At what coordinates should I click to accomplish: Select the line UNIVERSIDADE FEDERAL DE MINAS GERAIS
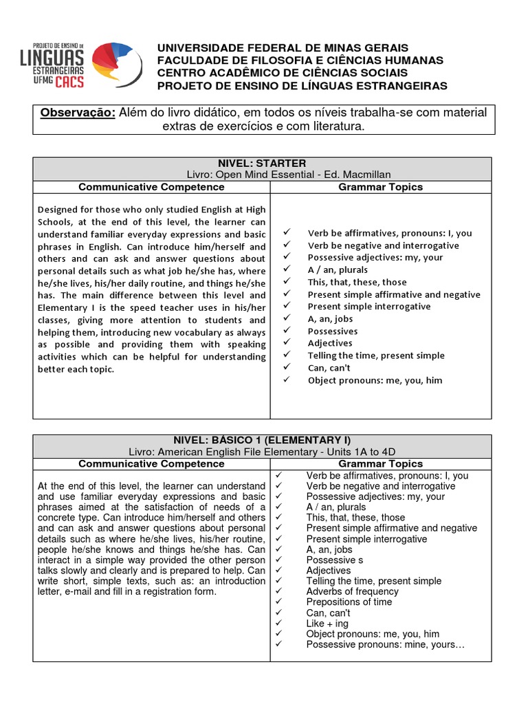283,47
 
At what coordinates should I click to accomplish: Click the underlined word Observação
78,113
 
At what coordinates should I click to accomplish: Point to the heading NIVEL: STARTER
262,163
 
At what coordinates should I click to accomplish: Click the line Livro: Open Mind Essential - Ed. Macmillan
262,175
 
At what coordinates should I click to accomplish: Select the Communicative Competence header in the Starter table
151,187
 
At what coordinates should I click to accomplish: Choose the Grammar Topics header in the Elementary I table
380,464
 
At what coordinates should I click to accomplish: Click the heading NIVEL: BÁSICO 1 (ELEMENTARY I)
262,440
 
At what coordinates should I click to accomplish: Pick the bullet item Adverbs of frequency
352,591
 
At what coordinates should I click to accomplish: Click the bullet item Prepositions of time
349,602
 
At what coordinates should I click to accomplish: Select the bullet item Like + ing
328,624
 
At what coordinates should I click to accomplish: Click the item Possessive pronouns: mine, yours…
386,645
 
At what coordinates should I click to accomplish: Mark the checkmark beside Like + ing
278,624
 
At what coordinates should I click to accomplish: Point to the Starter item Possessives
333,331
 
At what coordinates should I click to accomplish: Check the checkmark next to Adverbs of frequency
278,591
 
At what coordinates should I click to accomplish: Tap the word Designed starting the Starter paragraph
59,209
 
